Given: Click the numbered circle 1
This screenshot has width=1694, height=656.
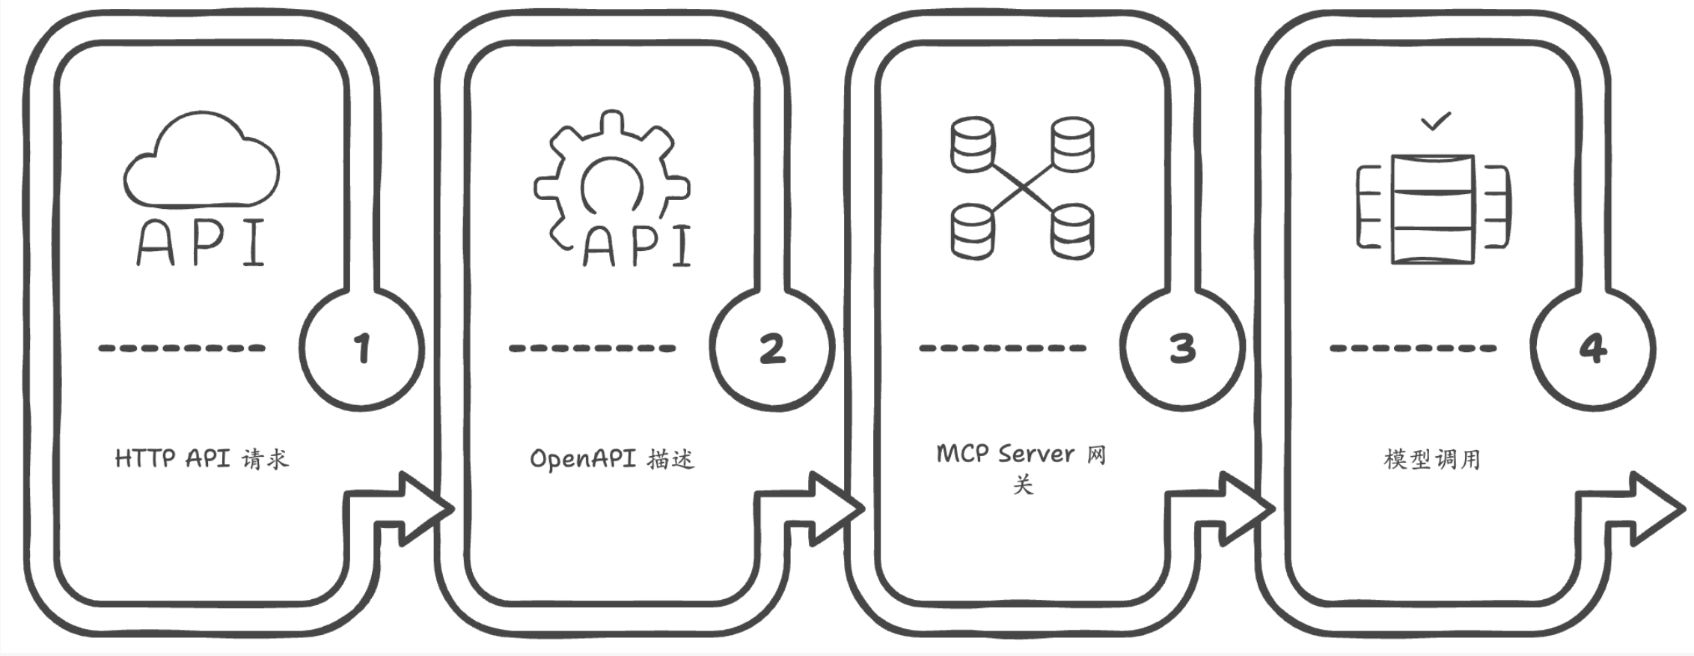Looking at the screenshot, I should click(x=362, y=349).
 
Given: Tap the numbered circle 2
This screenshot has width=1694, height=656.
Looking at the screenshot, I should click(x=772, y=349).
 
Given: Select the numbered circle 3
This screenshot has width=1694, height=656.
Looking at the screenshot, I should click(x=1182, y=349).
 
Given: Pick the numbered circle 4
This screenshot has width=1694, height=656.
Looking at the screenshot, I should click(x=1592, y=349).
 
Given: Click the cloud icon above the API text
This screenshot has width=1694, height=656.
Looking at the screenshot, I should click(x=201, y=161).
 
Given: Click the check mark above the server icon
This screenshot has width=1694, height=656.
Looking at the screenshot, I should click(x=1435, y=121).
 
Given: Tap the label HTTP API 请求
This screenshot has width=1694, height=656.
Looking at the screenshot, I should click(x=201, y=458).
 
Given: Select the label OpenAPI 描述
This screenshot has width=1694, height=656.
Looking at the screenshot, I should click(x=612, y=458).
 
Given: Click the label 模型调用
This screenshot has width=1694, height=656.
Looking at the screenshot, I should click(x=1432, y=458).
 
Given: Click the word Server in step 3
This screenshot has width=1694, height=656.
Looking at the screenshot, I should click(x=1036, y=454).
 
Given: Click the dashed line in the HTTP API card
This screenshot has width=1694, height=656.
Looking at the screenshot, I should click(x=182, y=348).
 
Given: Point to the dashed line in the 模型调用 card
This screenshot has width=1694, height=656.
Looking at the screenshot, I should click(x=1413, y=348).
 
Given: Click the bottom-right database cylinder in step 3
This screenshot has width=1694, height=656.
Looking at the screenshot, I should click(x=1072, y=232).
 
